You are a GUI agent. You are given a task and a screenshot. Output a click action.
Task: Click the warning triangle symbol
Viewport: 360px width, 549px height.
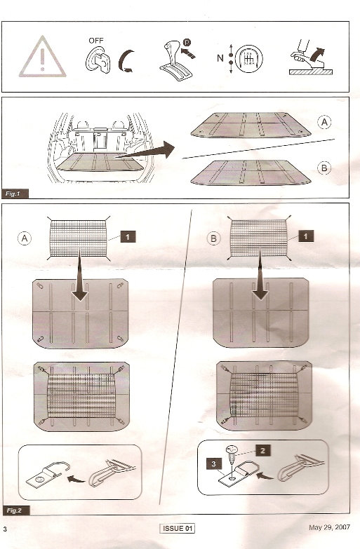coord(42,57)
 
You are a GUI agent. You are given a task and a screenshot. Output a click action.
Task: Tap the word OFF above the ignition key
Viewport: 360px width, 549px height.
coord(95,41)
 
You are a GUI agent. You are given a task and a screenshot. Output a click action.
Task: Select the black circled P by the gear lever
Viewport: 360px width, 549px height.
coord(187,42)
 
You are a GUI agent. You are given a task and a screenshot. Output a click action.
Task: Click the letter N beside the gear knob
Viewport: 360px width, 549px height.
coord(220,57)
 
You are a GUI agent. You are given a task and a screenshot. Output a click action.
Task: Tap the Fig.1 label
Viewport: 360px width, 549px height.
coord(14,194)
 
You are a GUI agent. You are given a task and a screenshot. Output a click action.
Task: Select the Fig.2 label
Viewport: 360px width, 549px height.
coord(15,510)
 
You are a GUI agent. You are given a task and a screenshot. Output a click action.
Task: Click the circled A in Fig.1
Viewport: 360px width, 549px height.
coord(324,122)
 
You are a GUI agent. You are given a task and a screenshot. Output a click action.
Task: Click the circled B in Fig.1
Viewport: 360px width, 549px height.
coord(324,168)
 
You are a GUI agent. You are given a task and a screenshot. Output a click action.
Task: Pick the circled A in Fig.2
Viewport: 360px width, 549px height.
coord(24,238)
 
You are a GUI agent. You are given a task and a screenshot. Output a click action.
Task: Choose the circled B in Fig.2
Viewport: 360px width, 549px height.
coord(213,239)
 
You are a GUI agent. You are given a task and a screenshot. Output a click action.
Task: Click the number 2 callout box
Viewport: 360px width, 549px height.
coord(263,450)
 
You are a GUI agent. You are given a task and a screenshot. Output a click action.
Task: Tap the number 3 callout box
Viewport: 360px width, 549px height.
coord(214,464)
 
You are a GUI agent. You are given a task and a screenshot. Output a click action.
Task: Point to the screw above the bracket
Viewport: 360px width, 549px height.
coord(231,454)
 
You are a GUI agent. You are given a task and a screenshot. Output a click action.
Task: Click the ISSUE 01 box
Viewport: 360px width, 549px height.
coord(178,528)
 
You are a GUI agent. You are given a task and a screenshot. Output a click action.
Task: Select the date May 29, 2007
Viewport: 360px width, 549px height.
coord(329,527)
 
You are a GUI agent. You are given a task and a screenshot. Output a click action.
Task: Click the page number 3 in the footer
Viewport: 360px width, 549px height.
coord(5,529)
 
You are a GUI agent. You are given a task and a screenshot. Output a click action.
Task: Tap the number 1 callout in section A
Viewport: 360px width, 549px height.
coord(128,237)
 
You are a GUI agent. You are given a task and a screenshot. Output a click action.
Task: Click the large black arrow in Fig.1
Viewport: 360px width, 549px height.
coord(145,152)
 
